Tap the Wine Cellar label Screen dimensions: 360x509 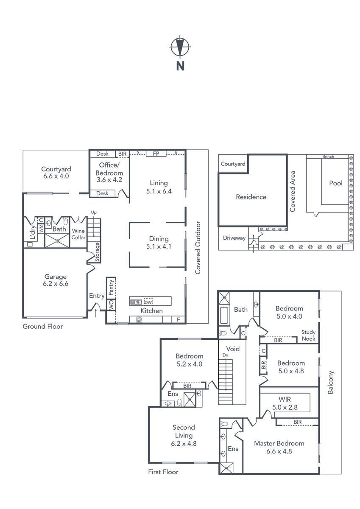(x=78, y=234)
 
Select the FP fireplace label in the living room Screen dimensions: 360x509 (x=156, y=154)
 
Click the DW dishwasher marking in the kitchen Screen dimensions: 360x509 (x=148, y=302)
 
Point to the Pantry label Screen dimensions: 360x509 (x=111, y=288)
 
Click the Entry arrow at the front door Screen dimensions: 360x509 (x=96, y=313)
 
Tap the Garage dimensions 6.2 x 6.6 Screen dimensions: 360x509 (x=56, y=284)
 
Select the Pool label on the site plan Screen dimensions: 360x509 (x=336, y=183)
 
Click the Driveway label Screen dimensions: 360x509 (x=234, y=238)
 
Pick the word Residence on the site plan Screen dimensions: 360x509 (x=251, y=197)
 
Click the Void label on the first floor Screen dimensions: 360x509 (x=233, y=349)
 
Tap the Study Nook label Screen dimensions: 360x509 (x=308, y=336)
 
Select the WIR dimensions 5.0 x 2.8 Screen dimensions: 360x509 (x=285, y=407)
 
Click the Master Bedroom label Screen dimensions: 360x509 (x=279, y=443)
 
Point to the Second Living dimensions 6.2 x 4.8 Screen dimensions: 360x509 (x=184, y=443)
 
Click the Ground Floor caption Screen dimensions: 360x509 (x=43, y=327)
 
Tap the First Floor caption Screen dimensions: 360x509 (x=163, y=472)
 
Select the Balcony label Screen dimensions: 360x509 (x=330, y=383)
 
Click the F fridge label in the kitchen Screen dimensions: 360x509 (x=178, y=320)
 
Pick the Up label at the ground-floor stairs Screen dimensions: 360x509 (x=94, y=213)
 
